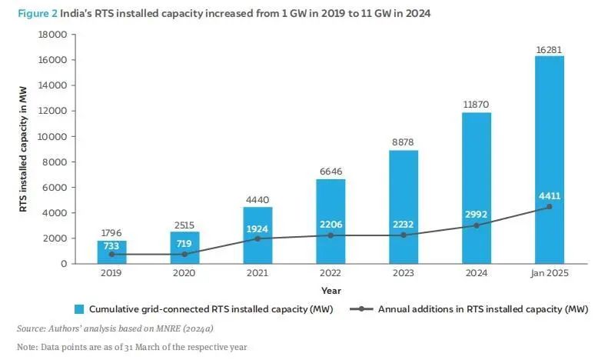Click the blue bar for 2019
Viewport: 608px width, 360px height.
click(x=112, y=252)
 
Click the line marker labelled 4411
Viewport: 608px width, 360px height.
click(x=549, y=207)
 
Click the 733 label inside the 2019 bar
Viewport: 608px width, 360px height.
click(x=112, y=245)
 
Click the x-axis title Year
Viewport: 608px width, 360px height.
click(x=331, y=291)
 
